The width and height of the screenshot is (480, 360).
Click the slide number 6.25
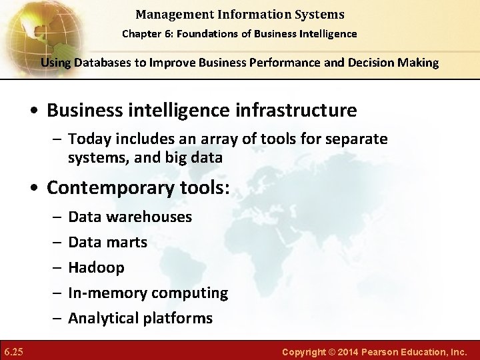click(13, 350)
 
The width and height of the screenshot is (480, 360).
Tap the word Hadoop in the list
click(96, 268)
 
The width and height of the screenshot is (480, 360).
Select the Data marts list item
click(107, 243)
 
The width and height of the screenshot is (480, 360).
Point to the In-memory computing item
click(148, 293)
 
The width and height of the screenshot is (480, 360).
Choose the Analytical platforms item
click(140, 319)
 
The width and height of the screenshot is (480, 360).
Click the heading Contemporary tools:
click(137, 188)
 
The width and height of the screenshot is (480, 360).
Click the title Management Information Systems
click(241, 14)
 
